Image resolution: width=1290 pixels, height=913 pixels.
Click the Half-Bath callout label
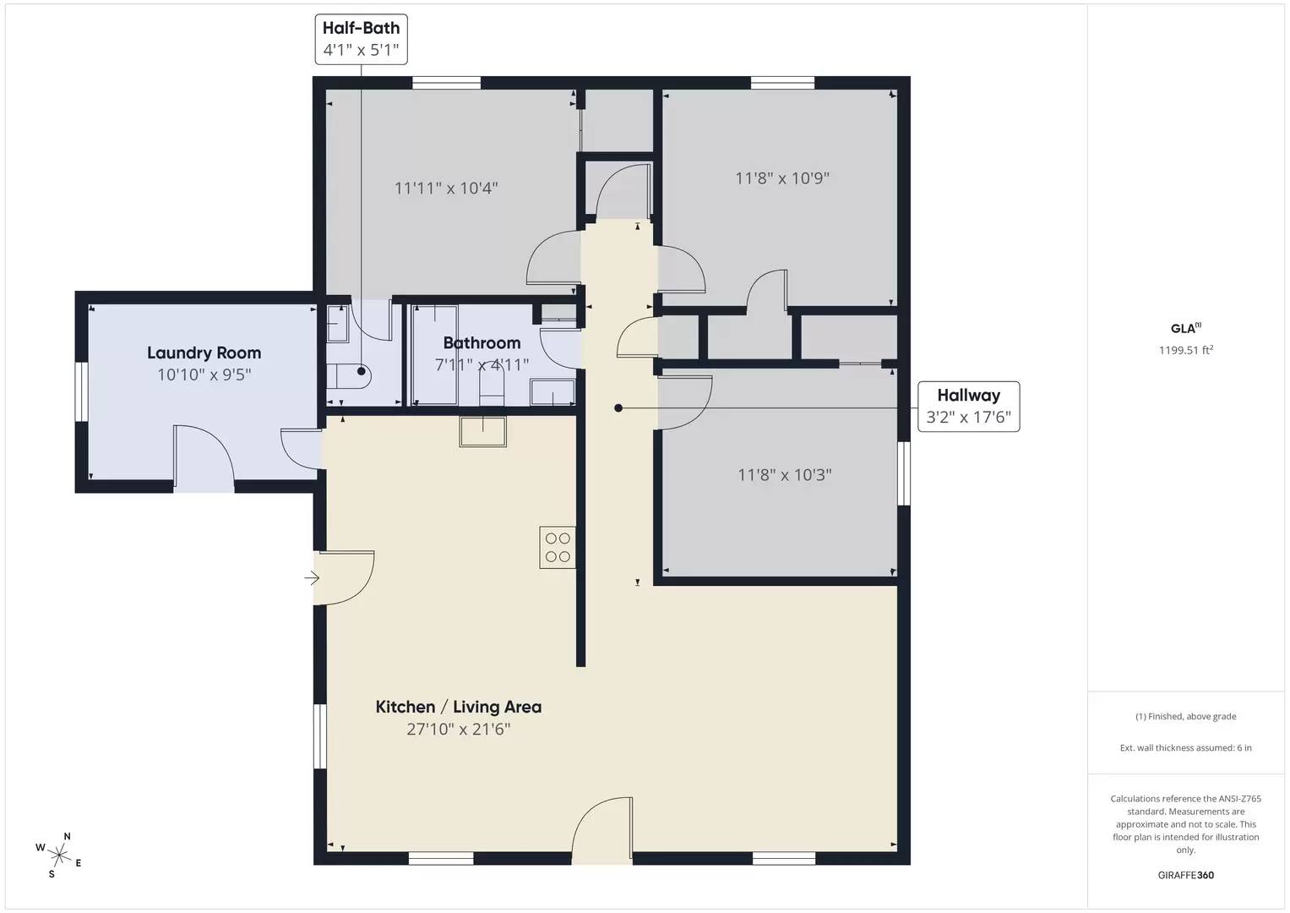tap(361, 39)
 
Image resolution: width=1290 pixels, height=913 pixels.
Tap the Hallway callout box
tap(969, 407)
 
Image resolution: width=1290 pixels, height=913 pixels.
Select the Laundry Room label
tap(204, 353)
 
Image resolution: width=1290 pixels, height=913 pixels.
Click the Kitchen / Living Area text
tap(459, 707)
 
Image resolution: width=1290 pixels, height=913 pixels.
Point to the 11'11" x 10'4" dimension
tap(446, 188)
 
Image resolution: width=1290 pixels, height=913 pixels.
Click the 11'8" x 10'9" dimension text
tap(782, 178)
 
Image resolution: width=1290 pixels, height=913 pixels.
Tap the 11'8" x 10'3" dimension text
tap(784, 475)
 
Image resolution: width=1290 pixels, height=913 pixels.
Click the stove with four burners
tap(558, 547)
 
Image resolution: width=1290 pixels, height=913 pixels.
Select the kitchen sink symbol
tap(482, 431)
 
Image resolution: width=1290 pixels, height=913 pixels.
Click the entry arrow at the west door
tap(312, 577)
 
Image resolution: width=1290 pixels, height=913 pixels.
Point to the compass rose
tap(59, 855)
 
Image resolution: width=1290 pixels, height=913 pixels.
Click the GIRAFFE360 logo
tap(1186, 875)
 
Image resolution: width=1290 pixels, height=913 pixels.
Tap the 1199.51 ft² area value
tap(1186, 350)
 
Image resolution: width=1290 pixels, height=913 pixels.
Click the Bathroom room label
tap(482, 343)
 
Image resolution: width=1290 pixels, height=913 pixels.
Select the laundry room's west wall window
tap(81, 392)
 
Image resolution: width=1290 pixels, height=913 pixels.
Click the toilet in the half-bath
tap(349, 376)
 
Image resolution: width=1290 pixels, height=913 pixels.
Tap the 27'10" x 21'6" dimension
tap(459, 729)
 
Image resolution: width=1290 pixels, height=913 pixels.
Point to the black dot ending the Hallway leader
tap(618, 408)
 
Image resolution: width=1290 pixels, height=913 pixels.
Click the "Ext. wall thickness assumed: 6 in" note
tap(1186, 747)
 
